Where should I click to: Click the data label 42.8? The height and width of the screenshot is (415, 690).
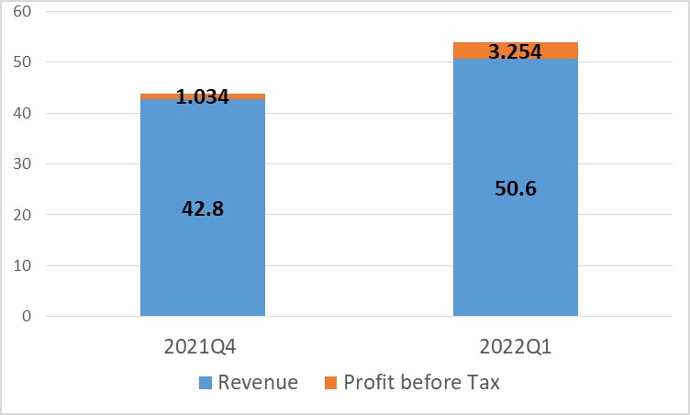(203, 207)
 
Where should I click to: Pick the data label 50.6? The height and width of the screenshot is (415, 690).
(515, 188)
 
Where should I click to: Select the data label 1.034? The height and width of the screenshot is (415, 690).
(203, 96)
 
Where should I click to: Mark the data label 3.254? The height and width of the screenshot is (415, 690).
(515, 52)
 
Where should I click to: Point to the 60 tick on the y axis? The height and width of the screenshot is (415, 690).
(23, 12)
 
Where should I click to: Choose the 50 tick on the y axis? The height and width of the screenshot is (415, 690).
(23, 62)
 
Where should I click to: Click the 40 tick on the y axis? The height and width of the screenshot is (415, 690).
(23, 114)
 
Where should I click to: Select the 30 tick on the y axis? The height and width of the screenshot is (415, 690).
(23, 164)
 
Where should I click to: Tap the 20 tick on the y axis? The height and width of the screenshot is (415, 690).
(23, 216)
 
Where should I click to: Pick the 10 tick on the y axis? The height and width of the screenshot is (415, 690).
(23, 266)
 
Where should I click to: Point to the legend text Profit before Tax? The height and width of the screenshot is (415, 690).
(421, 383)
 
